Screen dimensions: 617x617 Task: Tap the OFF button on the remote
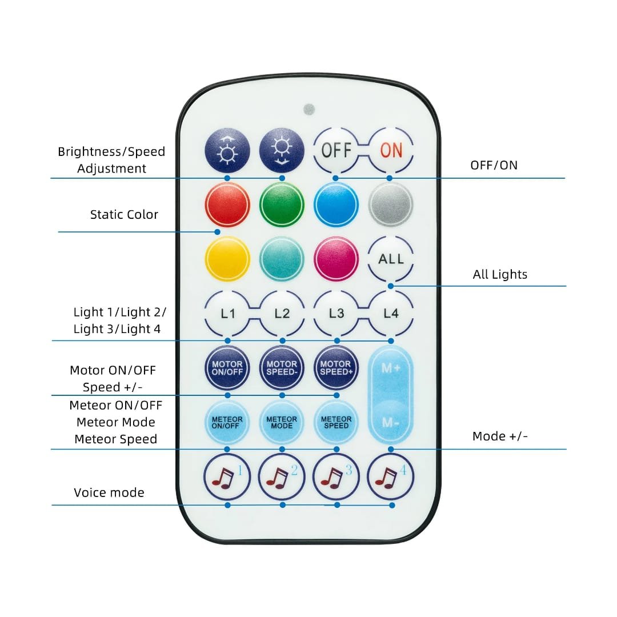pyautogui.click(x=336, y=150)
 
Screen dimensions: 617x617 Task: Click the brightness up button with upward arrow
pyautogui.click(x=227, y=150)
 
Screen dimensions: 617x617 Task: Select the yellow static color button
pyautogui.click(x=227, y=259)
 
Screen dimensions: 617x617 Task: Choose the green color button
pyautogui.click(x=282, y=205)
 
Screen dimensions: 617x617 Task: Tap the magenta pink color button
pyautogui.click(x=336, y=259)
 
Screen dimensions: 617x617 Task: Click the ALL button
pyautogui.click(x=391, y=259)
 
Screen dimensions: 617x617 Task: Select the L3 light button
pyautogui.click(x=336, y=313)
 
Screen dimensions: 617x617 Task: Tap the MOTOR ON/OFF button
pyautogui.click(x=227, y=368)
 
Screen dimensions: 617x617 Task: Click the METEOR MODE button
pyautogui.click(x=282, y=422)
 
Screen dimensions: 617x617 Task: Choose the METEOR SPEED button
pyautogui.click(x=336, y=422)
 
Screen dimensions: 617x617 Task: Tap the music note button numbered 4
pyautogui.click(x=391, y=477)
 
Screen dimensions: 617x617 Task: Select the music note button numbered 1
pyautogui.click(x=227, y=477)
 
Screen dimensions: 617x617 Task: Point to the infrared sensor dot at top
pyautogui.click(x=309, y=109)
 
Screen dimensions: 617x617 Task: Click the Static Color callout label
pyautogui.click(x=124, y=214)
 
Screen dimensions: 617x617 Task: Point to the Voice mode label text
pyautogui.click(x=109, y=492)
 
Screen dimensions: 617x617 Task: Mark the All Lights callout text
pyautogui.click(x=500, y=274)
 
